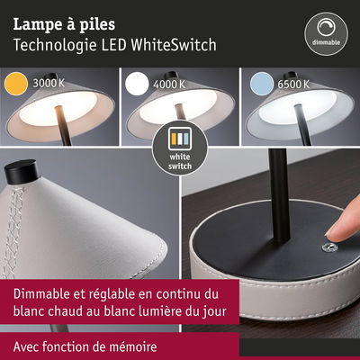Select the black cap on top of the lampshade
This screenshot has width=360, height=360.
[20, 170]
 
